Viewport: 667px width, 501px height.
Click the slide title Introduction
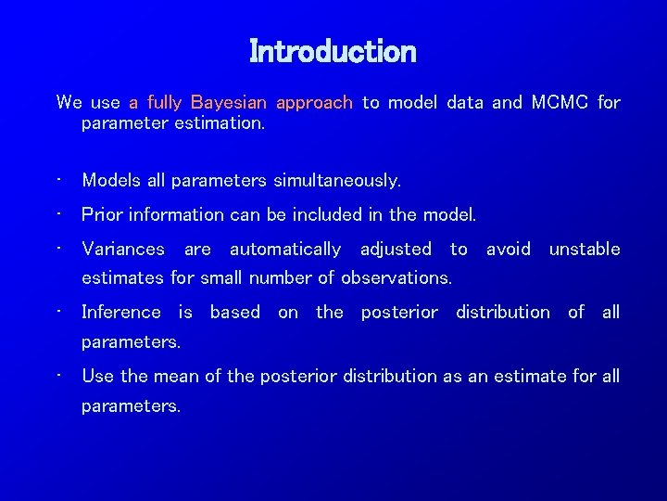pyautogui.click(x=333, y=51)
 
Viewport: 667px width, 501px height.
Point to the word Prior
pyautogui.click(x=102, y=214)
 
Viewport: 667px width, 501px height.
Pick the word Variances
pyautogui.click(x=123, y=249)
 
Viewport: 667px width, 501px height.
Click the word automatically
pyautogui.click(x=285, y=249)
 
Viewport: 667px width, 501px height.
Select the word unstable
pyautogui.click(x=584, y=249)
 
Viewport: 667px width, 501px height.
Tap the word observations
pyautogui.click(x=396, y=277)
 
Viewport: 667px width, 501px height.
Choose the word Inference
pyautogui.click(x=120, y=312)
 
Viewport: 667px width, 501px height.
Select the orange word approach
pyautogui.click(x=314, y=103)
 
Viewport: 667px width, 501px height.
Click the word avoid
pyautogui.click(x=508, y=249)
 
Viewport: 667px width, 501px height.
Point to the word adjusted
pyautogui.click(x=396, y=249)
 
